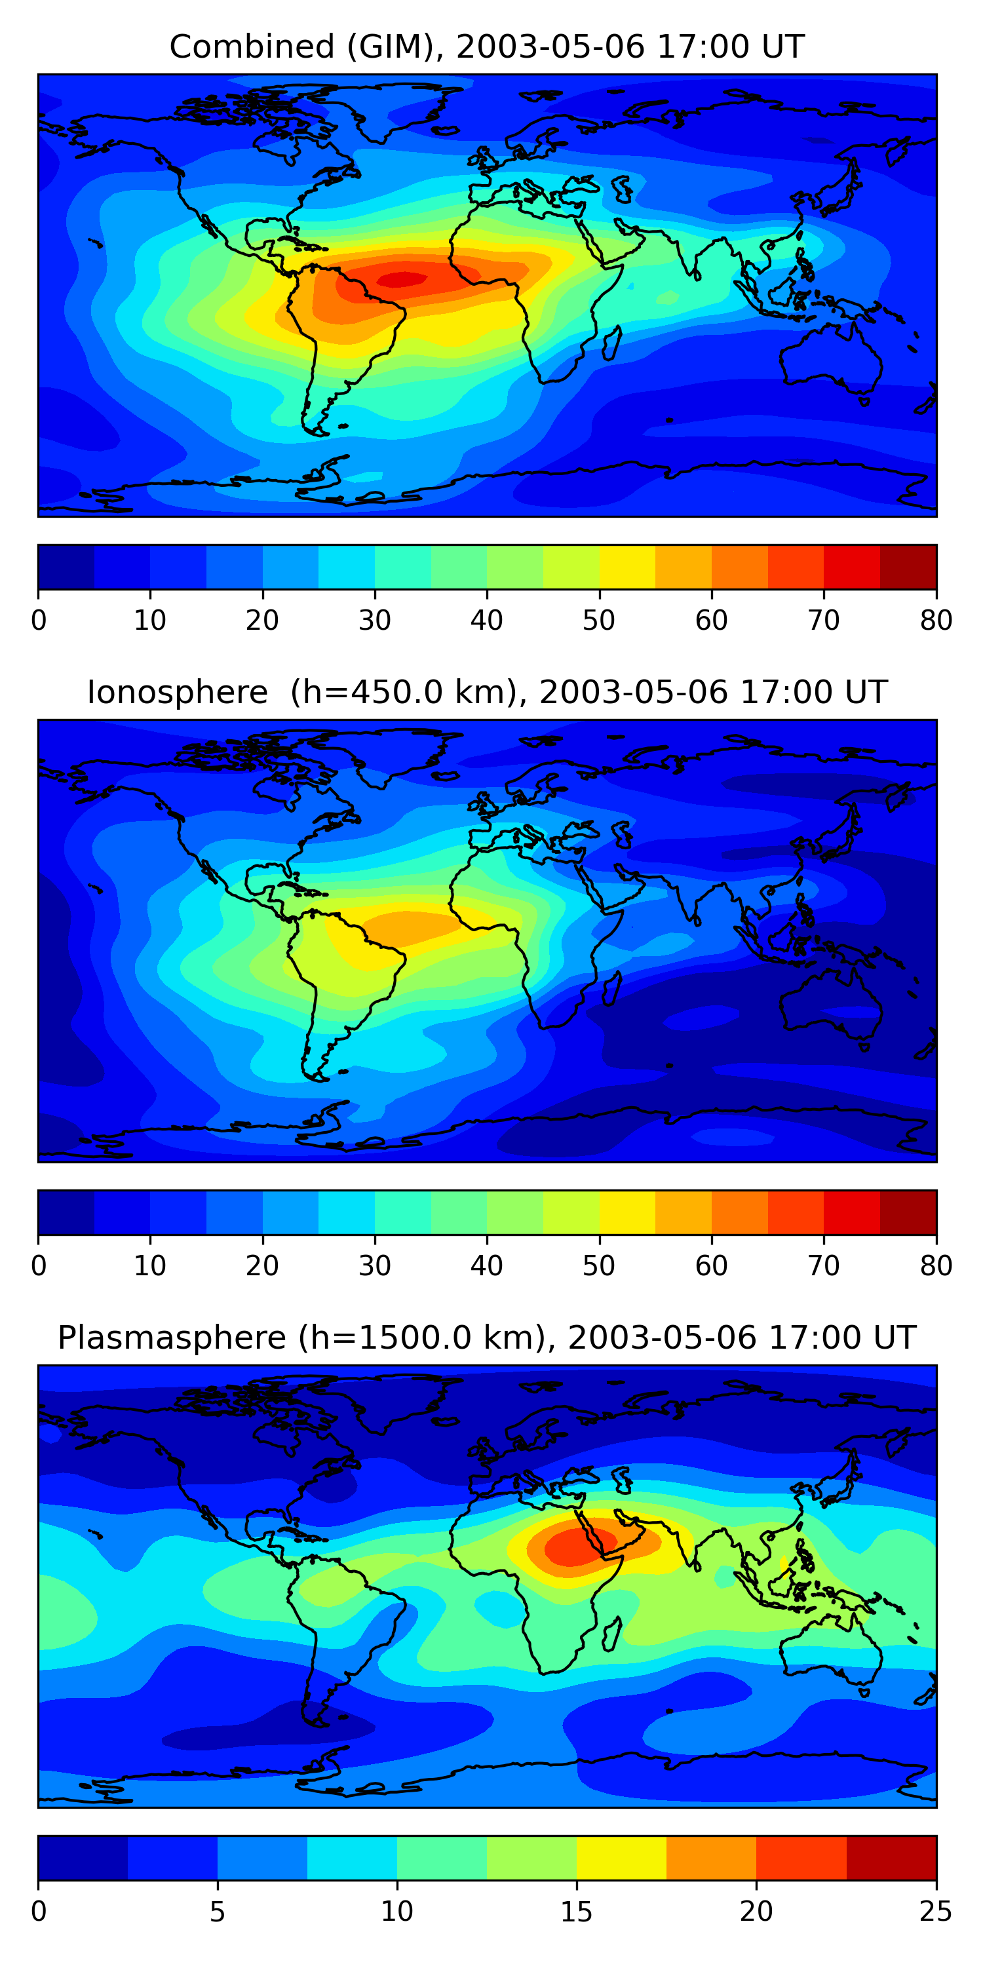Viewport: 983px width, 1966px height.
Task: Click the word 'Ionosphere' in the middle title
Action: (x=177, y=692)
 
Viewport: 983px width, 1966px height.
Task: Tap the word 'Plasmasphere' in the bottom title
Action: (x=171, y=1338)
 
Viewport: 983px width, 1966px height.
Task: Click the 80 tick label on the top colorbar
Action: (x=936, y=621)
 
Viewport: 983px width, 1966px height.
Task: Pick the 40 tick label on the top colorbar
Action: (x=487, y=621)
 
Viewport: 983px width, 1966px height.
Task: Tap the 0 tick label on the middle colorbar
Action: (x=39, y=1266)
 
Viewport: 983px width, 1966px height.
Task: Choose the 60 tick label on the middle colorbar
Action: (x=711, y=1266)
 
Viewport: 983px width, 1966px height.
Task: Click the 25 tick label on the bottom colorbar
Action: (x=936, y=1912)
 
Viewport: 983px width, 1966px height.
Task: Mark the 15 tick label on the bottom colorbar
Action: (x=576, y=1912)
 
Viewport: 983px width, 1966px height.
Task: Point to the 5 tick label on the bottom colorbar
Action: (x=218, y=1912)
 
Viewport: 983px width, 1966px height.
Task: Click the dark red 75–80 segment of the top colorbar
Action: (x=908, y=567)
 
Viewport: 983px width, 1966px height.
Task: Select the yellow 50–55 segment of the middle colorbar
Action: (x=627, y=1213)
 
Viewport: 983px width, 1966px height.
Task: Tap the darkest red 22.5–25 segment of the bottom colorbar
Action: (x=891, y=1859)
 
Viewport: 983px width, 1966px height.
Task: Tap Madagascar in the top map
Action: (x=611, y=343)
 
